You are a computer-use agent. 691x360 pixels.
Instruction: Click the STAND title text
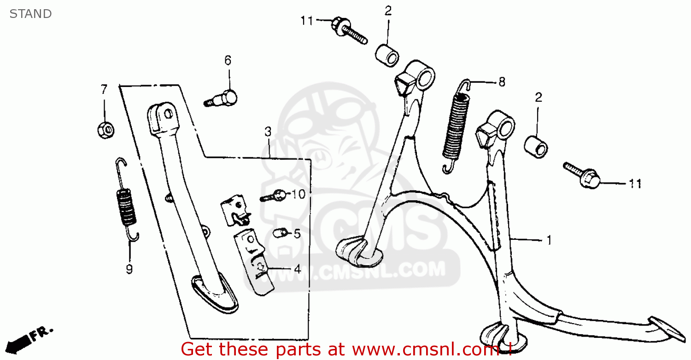pyautogui.click(x=30, y=14)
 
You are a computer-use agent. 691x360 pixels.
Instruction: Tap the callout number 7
pyautogui.click(x=104, y=89)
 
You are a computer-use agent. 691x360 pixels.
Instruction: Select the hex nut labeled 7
pyautogui.click(x=106, y=130)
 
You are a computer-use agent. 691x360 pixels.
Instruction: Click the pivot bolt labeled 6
pyautogui.click(x=221, y=99)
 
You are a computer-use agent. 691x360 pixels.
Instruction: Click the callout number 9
pyautogui.click(x=129, y=269)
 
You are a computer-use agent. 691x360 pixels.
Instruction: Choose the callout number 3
pyautogui.click(x=268, y=132)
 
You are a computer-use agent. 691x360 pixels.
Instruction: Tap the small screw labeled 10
pyautogui.click(x=273, y=195)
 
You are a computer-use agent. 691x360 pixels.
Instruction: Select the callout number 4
pyautogui.click(x=298, y=269)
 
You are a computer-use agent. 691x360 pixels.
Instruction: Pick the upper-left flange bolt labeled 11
pyautogui.click(x=349, y=30)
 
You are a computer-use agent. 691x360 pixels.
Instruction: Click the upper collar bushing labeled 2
pyautogui.click(x=387, y=56)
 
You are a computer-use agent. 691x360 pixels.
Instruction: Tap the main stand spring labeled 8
pyautogui.click(x=456, y=127)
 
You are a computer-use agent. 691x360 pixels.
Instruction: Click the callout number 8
pyautogui.click(x=502, y=82)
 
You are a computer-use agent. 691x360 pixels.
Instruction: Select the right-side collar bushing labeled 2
pyautogui.click(x=536, y=147)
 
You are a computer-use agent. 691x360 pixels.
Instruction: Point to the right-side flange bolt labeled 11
pyautogui.click(x=581, y=175)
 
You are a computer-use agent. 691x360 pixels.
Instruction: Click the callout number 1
pyautogui.click(x=549, y=240)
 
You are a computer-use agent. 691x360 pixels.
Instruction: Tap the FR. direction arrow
pyautogui.click(x=29, y=340)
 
